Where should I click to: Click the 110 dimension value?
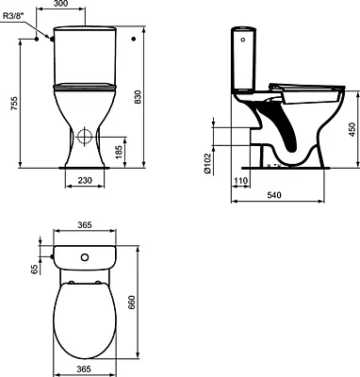click(240, 185)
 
